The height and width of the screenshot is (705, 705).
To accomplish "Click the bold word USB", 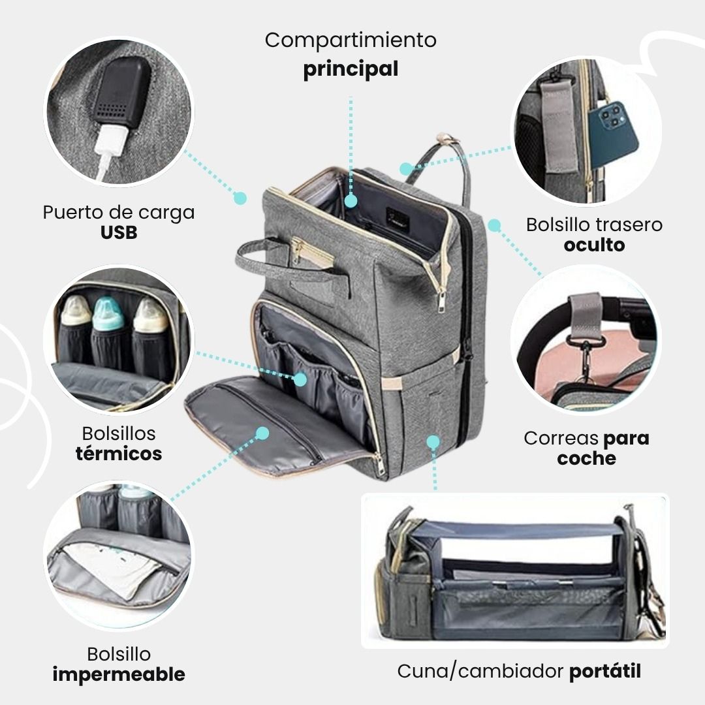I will [119, 232].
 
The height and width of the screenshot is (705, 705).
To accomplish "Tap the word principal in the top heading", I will [351, 69].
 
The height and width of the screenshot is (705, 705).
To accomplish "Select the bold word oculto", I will [594, 245].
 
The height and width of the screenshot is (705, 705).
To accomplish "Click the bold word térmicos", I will [119, 454].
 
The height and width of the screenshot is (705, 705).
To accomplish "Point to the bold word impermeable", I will [119, 674].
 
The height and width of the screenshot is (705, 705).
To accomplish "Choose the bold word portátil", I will [605, 671].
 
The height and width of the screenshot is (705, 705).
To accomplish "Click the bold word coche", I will [586, 458].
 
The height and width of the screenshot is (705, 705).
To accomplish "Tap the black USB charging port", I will [121, 92].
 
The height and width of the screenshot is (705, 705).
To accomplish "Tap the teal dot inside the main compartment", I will [351, 202].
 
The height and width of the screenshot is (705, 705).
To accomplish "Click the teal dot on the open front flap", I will [262, 433].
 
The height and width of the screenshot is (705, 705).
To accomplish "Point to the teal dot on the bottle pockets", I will [300, 379].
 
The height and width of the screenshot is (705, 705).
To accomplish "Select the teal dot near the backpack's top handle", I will [406, 169].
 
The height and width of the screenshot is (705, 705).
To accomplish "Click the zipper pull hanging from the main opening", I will [442, 300].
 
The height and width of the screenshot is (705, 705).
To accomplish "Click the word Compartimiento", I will [351, 40].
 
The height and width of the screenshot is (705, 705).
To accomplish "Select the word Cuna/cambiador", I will [480, 671].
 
